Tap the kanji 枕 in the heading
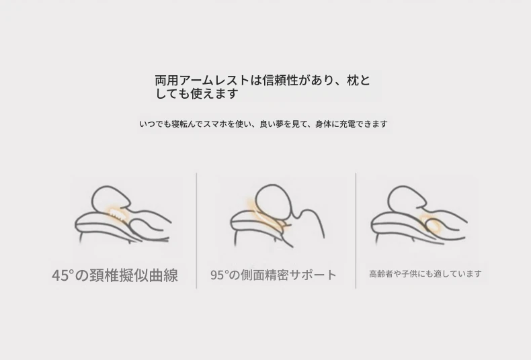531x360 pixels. (353, 81)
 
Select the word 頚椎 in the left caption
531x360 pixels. (105, 275)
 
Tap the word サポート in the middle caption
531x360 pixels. (313, 275)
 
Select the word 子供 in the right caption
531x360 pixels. (409, 274)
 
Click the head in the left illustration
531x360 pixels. (110, 198)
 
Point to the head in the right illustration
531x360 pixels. (407, 199)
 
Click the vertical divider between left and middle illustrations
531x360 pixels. (196, 231)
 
